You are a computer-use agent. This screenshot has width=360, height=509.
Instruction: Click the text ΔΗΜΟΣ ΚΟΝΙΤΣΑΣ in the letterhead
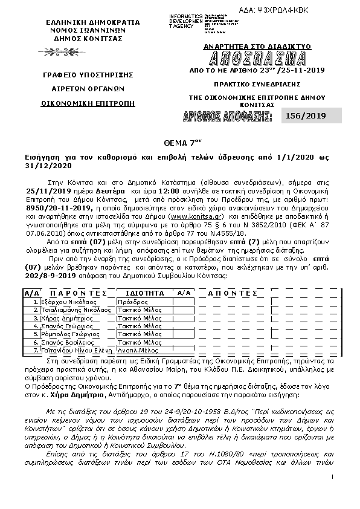84,38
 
